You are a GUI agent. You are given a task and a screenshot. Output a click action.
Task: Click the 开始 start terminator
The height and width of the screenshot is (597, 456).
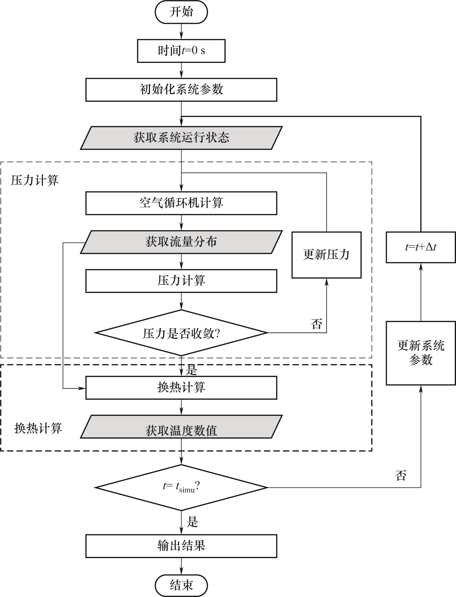point(181,12)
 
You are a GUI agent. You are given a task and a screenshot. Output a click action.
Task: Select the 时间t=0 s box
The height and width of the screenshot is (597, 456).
point(181,51)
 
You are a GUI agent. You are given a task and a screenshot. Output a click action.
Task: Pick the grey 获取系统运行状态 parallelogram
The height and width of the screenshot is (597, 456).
point(181,138)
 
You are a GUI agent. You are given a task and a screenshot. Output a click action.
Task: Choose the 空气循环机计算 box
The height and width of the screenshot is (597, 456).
point(181,203)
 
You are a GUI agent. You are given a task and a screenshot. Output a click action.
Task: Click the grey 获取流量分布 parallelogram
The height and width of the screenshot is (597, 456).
point(181,242)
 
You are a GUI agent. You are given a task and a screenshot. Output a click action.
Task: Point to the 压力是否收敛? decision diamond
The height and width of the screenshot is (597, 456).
point(181,333)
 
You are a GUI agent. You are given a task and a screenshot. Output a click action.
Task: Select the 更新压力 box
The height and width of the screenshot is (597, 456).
point(326,255)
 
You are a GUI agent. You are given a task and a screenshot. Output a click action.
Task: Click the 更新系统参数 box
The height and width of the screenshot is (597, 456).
point(420,353)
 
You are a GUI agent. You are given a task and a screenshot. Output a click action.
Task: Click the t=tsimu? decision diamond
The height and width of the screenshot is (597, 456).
point(181,487)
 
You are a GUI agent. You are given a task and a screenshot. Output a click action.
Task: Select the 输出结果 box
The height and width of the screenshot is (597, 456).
point(181,546)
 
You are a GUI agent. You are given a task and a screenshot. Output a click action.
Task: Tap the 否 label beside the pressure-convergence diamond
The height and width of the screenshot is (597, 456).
point(316,324)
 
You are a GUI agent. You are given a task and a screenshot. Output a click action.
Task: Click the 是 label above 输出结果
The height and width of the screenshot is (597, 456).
point(192,522)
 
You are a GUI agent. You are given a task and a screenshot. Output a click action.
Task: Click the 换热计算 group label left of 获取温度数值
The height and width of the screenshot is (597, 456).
point(38,428)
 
